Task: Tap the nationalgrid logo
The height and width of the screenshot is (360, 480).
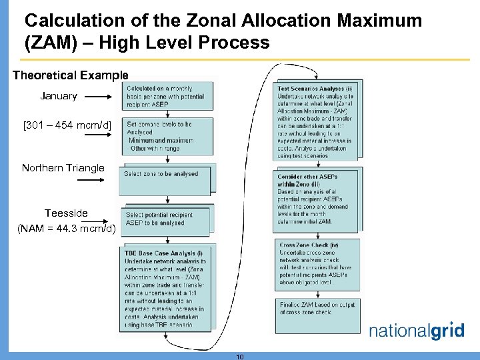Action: pos(417,331)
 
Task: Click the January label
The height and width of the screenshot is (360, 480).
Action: pos(59,96)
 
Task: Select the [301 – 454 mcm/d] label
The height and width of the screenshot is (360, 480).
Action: pos(58,125)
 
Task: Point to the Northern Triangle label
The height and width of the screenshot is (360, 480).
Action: pos(63,168)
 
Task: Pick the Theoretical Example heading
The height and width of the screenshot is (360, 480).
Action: pos(70,75)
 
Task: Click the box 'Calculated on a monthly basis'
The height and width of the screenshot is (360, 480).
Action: pos(169,97)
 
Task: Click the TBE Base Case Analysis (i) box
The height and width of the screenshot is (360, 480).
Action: pos(165,289)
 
